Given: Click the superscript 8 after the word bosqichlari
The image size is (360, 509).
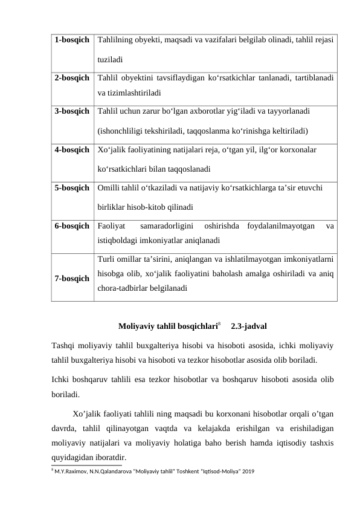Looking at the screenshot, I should coord(219,324).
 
